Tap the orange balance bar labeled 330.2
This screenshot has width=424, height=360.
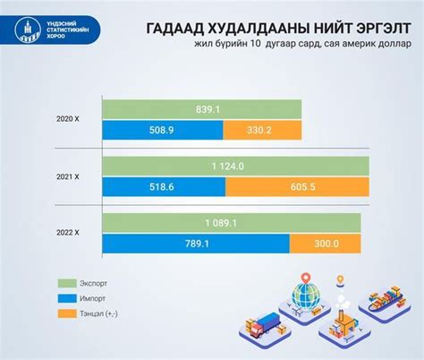261,131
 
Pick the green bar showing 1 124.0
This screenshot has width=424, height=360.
235,166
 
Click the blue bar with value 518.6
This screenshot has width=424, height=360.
163,187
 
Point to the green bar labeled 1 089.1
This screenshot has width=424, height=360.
231,222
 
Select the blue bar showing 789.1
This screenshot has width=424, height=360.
195,244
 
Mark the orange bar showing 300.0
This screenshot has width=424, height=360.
325,244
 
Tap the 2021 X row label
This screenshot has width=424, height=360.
67,176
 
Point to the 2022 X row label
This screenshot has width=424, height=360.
67,233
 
